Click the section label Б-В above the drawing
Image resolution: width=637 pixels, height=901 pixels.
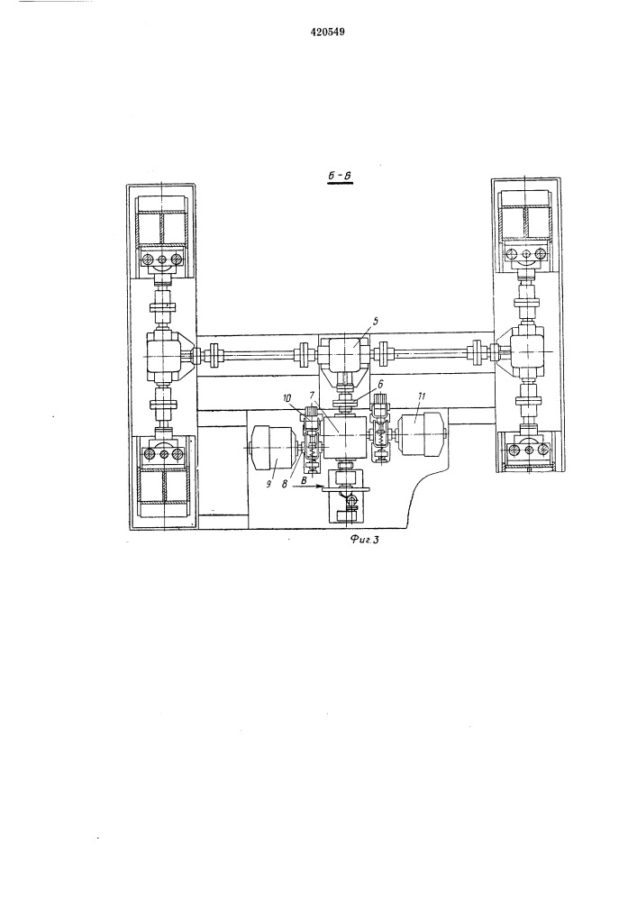click(x=339, y=177)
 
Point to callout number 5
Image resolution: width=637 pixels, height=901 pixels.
click(x=374, y=322)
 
